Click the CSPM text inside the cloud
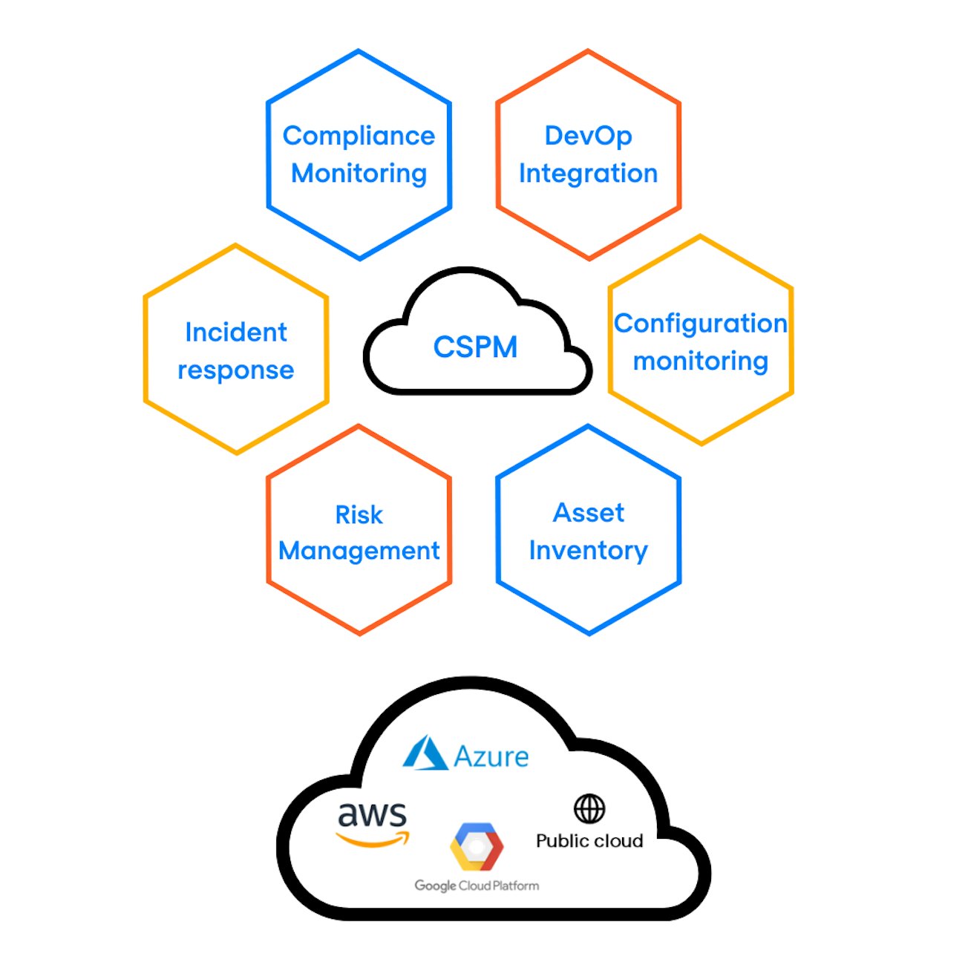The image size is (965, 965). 475,347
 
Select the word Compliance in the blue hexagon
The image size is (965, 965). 359,136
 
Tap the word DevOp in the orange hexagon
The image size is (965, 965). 588,136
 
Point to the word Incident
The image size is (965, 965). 235,332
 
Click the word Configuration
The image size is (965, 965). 700,324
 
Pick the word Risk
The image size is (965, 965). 359,514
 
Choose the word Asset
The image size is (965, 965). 588,512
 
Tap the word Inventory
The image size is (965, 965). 588,550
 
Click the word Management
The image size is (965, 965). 359,551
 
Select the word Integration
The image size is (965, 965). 588,173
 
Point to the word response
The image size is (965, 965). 235,370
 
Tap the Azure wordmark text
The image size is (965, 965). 491,756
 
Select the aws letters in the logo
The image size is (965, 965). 372,815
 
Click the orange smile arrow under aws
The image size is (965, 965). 373,840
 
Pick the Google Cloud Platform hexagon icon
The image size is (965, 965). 477,846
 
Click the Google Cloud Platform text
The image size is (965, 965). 477,886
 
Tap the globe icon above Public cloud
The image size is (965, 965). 589,808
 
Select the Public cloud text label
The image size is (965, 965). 589,841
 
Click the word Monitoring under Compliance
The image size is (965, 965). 359,173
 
